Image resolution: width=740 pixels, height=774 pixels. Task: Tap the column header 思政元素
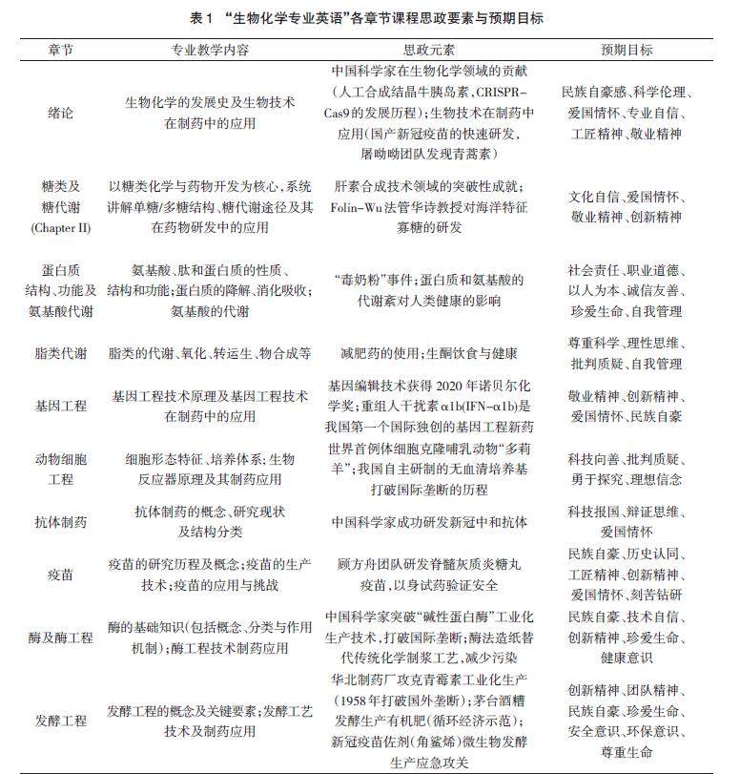pos(427,50)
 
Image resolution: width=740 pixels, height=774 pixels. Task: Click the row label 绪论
pos(59,111)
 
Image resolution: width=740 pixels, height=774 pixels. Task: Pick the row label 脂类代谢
pos(59,353)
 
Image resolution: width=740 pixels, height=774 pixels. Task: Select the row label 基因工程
pos(59,406)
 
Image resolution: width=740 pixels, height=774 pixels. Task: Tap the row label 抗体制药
pos(59,522)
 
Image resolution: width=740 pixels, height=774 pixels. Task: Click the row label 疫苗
pos(59,575)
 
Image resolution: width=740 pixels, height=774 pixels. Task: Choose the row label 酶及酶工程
pos(59,637)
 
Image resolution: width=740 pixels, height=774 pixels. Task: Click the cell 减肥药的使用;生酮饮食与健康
pos(427,353)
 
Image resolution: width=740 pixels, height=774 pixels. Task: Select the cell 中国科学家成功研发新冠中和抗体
pos(427,522)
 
